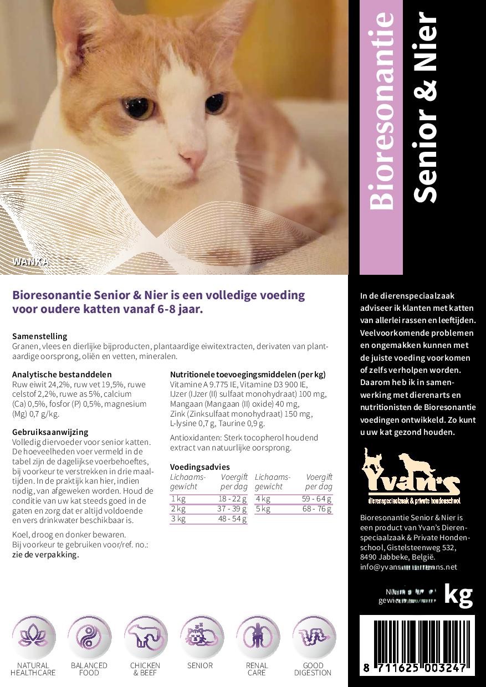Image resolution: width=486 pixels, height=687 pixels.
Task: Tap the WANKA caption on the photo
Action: click(x=31, y=262)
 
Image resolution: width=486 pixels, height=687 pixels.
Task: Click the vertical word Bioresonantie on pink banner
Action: click(x=381, y=111)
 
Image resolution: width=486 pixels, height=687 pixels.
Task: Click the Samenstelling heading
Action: click(x=39, y=336)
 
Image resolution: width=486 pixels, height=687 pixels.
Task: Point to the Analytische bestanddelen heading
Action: click(x=62, y=375)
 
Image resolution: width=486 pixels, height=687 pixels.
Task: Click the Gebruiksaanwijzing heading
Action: click(x=50, y=432)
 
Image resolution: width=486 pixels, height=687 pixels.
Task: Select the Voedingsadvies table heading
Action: click(x=199, y=467)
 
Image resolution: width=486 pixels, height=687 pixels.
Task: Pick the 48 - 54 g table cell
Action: click(x=232, y=519)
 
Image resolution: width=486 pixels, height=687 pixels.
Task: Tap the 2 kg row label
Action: click(x=178, y=509)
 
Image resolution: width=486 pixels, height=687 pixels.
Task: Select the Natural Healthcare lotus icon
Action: click(x=33, y=637)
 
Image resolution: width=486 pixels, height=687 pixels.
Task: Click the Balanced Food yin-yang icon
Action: click(x=89, y=637)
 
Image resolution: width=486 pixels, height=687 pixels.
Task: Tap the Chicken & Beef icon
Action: click(x=145, y=637)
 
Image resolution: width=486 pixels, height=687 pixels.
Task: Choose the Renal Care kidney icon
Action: click(x=257, y=637)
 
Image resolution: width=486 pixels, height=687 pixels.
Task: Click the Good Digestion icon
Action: click(x=313, y=637)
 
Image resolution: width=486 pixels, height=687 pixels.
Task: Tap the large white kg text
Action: click(x=459, y=594)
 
